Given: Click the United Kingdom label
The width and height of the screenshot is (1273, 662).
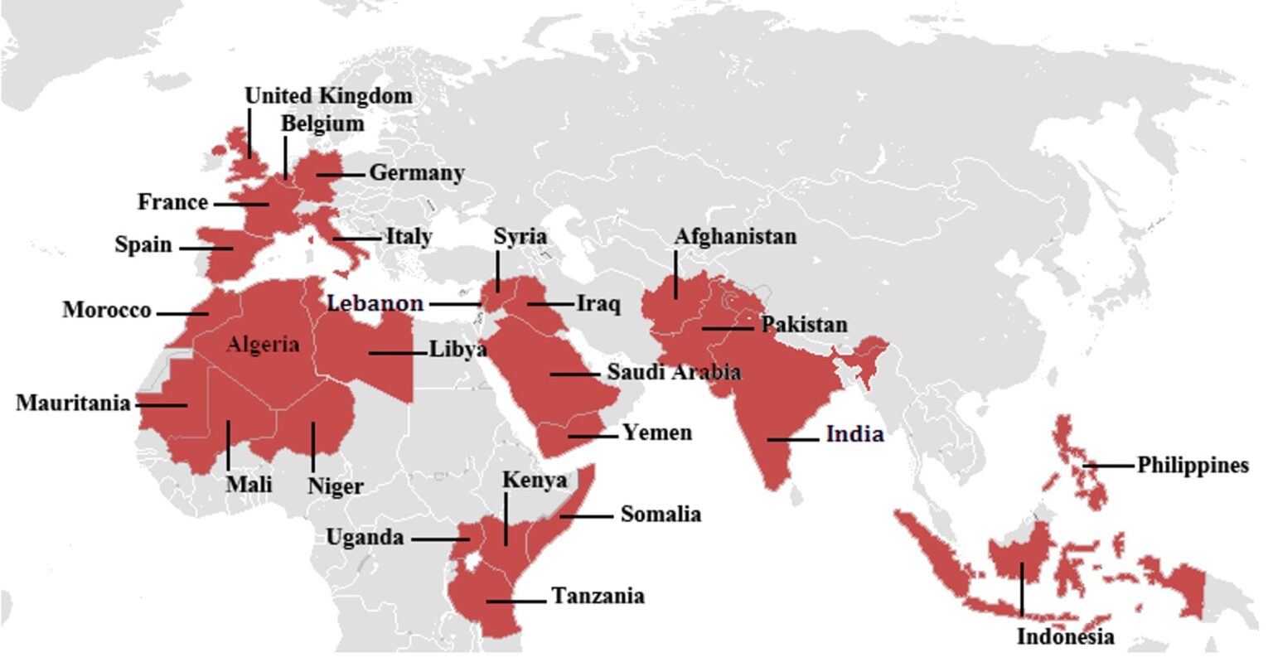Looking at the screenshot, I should tap(328, 96).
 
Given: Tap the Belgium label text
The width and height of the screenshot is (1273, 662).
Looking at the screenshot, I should tap(322, 123).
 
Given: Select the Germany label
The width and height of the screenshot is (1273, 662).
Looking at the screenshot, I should tap(416, 173).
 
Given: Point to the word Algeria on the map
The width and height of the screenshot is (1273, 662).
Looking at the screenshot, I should tap(263, 345).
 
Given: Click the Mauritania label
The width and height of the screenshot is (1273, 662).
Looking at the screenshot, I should tap(74, 403).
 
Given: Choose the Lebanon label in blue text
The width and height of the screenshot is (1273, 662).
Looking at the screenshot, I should tap(375, 303).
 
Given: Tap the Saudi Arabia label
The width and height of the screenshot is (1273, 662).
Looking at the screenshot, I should tap(674, 372).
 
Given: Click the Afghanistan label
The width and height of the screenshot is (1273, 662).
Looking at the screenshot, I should tap(735, 236).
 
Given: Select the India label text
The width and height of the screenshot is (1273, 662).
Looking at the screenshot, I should tap(854, 434).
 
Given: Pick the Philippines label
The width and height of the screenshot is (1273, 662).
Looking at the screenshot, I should tap(1192, 466).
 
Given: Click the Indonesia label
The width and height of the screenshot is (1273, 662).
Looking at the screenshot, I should tap(1065, 637).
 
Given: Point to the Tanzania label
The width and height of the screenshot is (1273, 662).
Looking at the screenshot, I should tap(598, 596).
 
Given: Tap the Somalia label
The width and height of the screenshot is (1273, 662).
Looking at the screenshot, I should tap(661, 515).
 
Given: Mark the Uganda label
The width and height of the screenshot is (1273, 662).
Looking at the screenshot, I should tap(365, 538).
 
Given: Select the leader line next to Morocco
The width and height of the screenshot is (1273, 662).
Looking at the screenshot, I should tap(182, 313).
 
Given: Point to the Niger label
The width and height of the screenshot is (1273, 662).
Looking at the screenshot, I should tap(335, 486).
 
